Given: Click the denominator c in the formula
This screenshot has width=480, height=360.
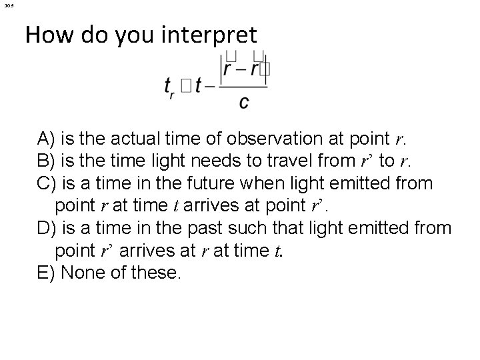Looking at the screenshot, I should click(244, 101).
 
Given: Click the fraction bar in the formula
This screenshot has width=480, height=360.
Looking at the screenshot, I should click(244, 86).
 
